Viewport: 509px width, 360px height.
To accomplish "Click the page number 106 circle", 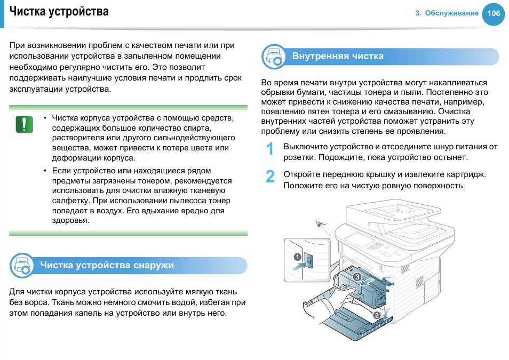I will click(493, 13).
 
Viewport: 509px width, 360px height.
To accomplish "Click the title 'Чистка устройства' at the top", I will click(59, 11).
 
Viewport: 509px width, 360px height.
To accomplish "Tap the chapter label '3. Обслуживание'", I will click(447, 13).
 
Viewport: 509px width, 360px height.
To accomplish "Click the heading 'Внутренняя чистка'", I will click(338, 56).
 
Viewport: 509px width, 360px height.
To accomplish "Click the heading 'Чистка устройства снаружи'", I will click(107, 265).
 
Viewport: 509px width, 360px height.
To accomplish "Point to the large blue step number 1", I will click(271, 149).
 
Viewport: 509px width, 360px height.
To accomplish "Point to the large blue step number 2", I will click(271, 177).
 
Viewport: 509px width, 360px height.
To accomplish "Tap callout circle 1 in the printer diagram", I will click(297, 257).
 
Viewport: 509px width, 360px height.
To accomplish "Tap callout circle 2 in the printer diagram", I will click(377, 315).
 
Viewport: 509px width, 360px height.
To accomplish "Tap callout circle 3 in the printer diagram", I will click(357, 277).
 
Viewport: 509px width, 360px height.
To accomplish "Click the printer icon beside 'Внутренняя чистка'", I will click(274, 57).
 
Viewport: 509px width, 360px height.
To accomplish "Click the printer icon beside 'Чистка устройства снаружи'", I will click(22, 266).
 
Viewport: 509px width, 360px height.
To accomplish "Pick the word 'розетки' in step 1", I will click(299, 157).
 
